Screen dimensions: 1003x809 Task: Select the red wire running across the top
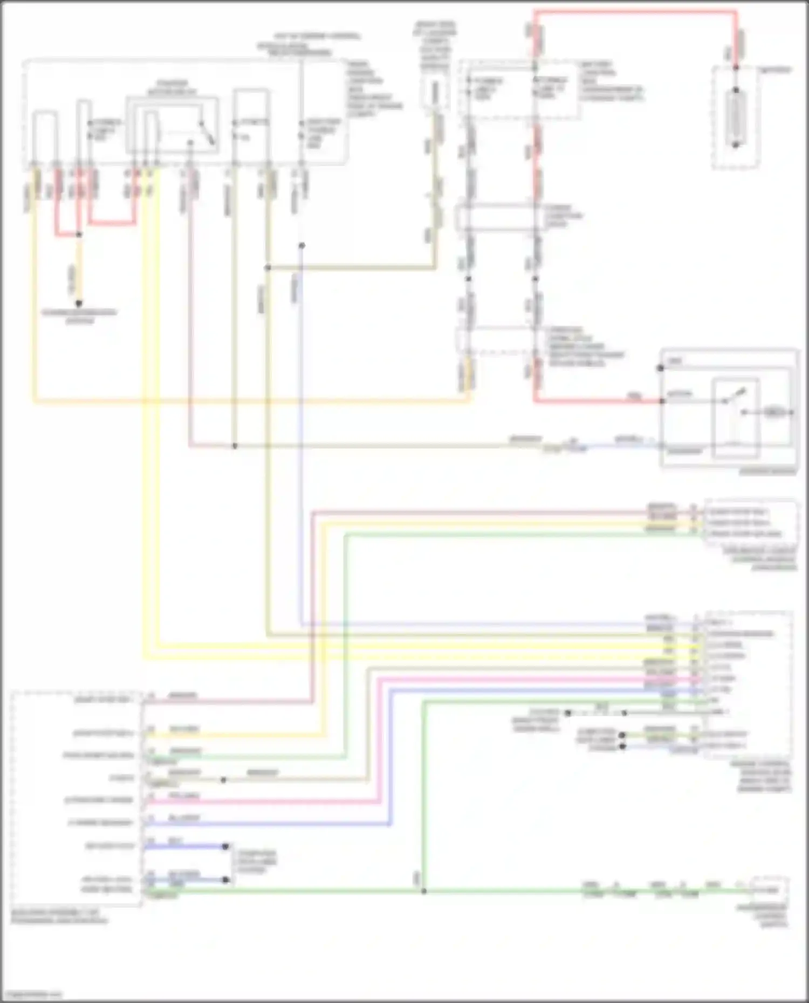636,11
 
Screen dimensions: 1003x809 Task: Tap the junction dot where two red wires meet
79,235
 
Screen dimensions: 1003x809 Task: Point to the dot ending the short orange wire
79,303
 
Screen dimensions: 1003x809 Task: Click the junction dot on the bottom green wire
424,891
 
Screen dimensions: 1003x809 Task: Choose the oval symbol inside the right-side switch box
773,412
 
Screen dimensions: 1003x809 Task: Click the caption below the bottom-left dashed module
59,917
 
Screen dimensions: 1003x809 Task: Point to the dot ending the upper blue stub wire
226,846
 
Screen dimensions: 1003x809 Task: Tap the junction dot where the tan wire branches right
268,267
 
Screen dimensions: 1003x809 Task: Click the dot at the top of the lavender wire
302,246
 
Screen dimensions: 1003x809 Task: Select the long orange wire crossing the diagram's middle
248,402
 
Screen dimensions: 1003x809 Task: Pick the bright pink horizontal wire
270,802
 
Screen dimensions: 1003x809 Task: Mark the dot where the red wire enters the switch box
661,401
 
